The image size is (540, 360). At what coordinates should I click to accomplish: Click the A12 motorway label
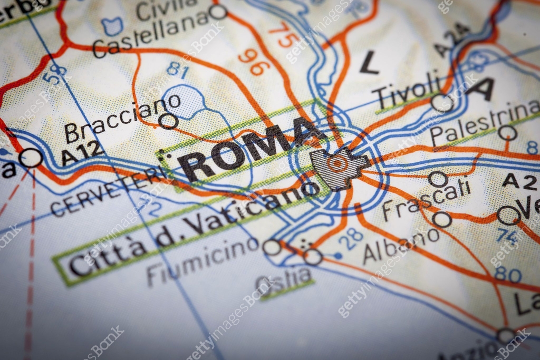83,153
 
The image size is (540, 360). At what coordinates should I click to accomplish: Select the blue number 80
508,274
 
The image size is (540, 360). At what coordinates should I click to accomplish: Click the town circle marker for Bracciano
168,121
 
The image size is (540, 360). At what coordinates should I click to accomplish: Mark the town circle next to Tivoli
441,103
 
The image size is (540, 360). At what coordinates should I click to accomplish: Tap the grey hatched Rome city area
337,168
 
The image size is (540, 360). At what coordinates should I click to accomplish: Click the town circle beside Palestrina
507,133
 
